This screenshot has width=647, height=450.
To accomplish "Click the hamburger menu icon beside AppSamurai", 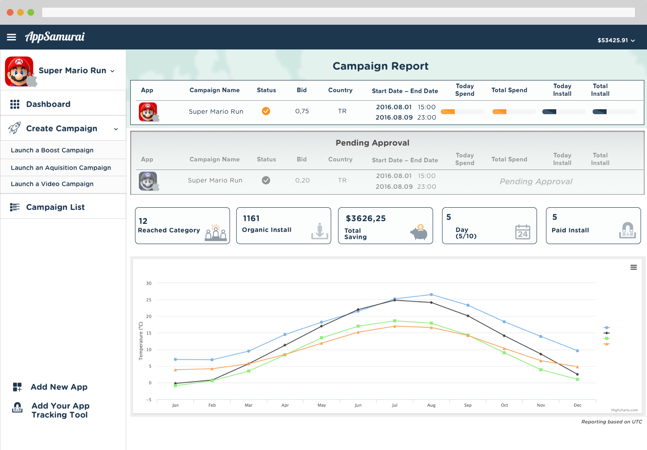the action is [x=11, y=37].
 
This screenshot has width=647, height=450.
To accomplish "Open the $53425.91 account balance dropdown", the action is [x=616, y=40].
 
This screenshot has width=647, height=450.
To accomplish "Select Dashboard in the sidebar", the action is [x=48, y=104].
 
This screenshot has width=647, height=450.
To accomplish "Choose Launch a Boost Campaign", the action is [x=52, y=150].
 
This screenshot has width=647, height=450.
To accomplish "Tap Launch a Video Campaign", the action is [x=52, y=184].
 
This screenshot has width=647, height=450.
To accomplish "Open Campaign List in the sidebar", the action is [x=55, y=207].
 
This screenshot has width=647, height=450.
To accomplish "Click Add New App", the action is [x=59, y=387].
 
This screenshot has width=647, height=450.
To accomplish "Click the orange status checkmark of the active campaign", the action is [x=266, y=111].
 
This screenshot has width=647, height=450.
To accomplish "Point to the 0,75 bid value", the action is [x=302, y=111].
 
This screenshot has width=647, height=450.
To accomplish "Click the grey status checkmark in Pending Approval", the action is [x=266, y=180].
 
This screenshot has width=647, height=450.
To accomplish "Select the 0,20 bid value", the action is [x=302, y=181].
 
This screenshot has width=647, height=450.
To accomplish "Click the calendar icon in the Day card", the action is [x=523, y=232].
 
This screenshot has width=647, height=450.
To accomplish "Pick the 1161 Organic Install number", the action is [x=251, y=218].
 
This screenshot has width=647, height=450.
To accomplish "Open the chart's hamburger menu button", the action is [x=634, y=267].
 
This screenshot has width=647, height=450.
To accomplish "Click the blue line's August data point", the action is [x=431, y=294].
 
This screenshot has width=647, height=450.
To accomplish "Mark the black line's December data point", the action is [x=577, y=374].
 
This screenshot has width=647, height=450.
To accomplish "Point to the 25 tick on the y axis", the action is [x=148, y=300].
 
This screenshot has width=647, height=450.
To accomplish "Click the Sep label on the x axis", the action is [x=468, y=405].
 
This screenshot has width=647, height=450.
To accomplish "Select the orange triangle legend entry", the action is [x=607, y=344].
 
